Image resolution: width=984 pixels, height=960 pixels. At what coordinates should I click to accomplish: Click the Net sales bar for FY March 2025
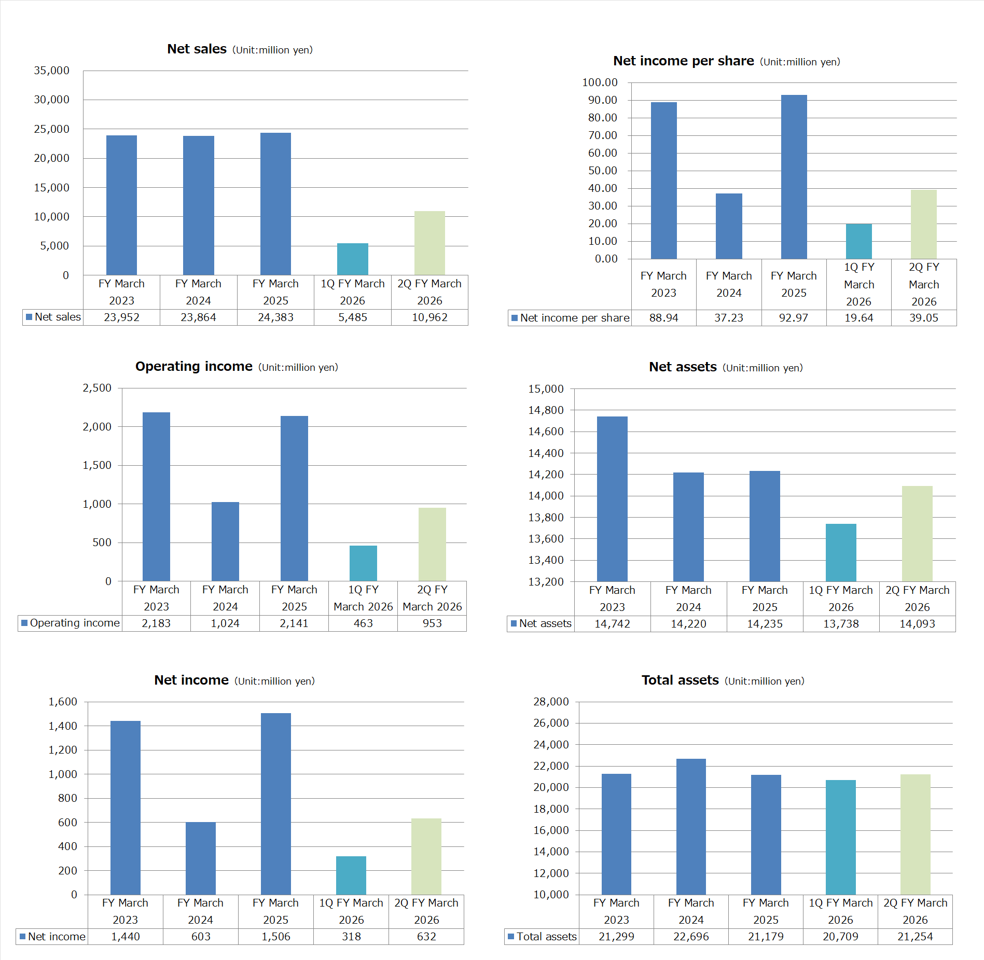click(275, 204)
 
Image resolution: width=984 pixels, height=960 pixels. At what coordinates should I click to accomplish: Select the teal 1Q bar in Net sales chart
click(352, 259)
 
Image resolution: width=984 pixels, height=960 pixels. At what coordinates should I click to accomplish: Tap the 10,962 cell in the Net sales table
click(429, 317)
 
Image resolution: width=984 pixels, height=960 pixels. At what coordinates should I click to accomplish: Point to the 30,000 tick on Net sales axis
click(51, 100)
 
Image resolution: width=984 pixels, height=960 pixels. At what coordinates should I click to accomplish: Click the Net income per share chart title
click(683, 61)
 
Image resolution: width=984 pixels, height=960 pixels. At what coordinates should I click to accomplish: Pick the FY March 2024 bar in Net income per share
click(729, 226)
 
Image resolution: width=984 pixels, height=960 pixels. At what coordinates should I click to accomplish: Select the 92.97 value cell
click(794, 318)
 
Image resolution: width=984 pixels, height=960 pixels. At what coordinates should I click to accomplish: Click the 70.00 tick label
click(602, 135)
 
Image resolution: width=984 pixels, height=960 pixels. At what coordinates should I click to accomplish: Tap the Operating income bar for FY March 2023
click(156, 496)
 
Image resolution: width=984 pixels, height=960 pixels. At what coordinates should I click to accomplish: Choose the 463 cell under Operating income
click(363, 623)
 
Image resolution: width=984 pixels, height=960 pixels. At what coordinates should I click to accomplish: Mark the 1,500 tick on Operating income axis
click(97, 465)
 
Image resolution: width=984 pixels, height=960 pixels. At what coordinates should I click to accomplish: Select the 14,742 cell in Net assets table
click(612, 624)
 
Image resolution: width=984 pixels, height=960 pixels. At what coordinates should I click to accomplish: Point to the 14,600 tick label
click(546, 432)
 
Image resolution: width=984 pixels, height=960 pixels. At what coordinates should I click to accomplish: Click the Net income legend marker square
click(22, 937)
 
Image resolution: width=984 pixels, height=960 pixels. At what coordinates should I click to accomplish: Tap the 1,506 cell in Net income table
click(276, 937)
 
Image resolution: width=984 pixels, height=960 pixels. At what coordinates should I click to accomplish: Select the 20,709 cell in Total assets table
click(840, 937)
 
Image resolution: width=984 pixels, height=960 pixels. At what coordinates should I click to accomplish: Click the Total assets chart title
click(680, 680)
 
